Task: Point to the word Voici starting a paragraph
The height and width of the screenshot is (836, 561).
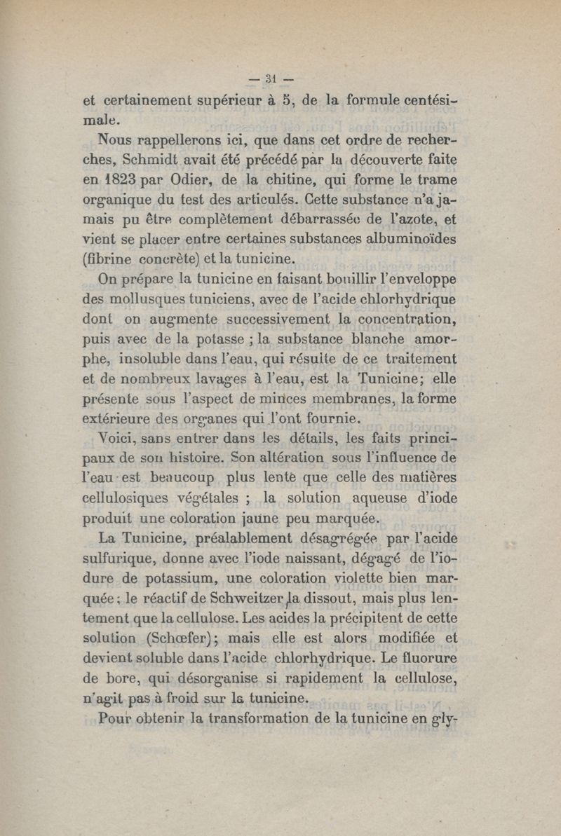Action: coord(121,440)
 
